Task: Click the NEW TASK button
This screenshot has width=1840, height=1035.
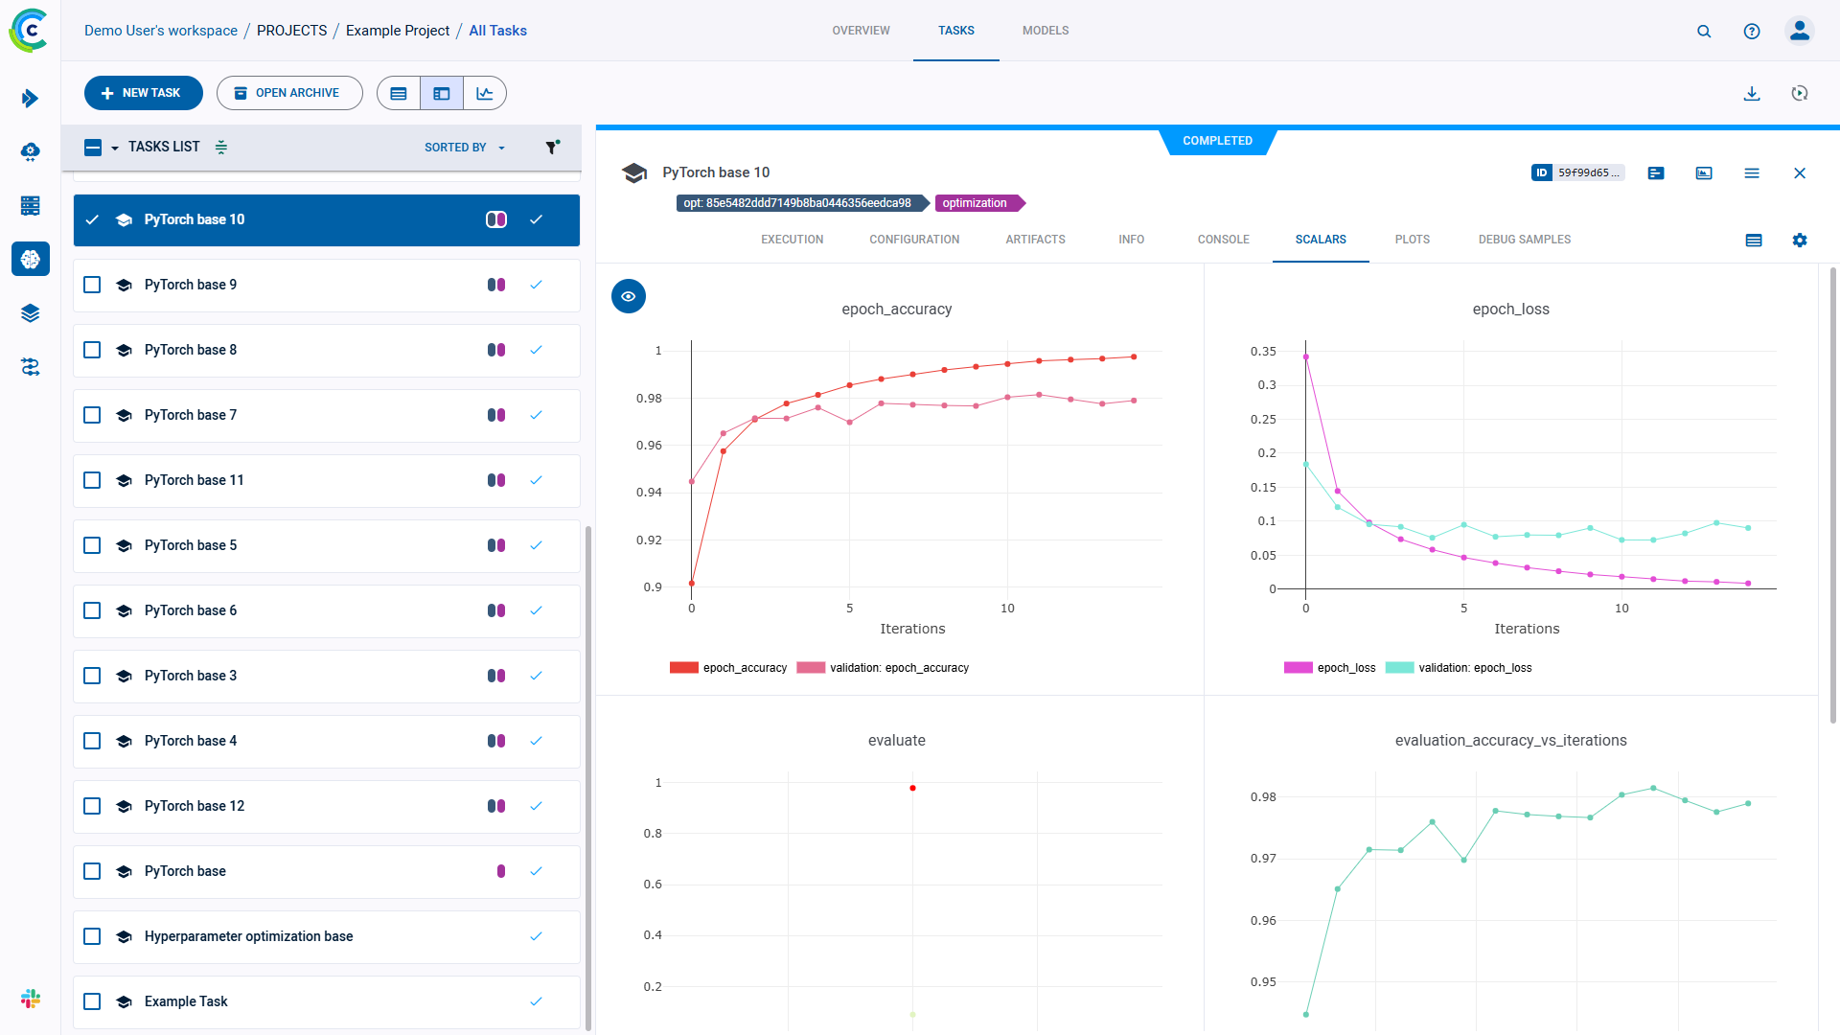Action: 144,93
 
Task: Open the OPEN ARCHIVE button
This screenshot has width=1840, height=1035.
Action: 288,93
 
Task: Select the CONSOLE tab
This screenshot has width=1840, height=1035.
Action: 1223,240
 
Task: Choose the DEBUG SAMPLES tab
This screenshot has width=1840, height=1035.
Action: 1524,240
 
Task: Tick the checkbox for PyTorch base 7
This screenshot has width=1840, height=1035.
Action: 92,415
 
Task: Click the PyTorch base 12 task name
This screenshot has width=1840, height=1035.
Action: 195,806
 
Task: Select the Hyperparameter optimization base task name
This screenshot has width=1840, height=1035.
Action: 248,936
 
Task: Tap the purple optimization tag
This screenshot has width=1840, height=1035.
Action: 975,203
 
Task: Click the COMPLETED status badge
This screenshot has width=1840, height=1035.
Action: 1217,141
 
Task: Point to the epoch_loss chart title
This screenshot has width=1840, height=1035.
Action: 1510,309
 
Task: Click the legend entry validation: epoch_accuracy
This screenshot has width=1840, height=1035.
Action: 898,668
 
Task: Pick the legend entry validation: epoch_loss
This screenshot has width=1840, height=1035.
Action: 1474,668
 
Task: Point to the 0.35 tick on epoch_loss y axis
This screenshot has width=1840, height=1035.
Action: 1263,352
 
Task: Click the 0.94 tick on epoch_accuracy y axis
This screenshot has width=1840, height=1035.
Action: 649,493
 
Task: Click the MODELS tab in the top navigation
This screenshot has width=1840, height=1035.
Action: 1045,31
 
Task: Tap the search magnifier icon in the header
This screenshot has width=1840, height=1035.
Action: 1704,32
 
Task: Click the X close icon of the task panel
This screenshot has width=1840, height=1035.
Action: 1800,173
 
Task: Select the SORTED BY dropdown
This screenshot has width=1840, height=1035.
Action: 464,148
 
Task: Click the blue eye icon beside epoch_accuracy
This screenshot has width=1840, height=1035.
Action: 629,297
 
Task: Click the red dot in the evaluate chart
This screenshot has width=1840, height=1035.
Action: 912,789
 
